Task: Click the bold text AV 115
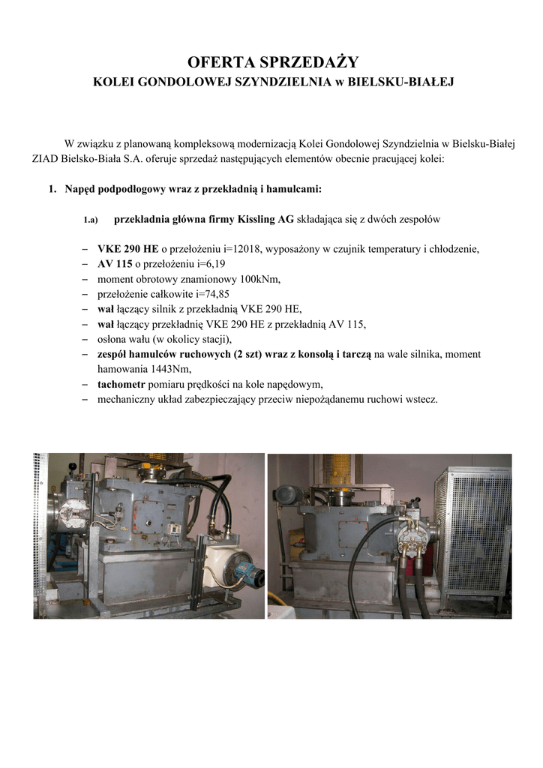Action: tap(115, 264)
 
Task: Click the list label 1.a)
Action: tap(91, 220)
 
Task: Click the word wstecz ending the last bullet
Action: tap(421, 399)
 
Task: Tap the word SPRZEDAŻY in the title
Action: tap(313, 61)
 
